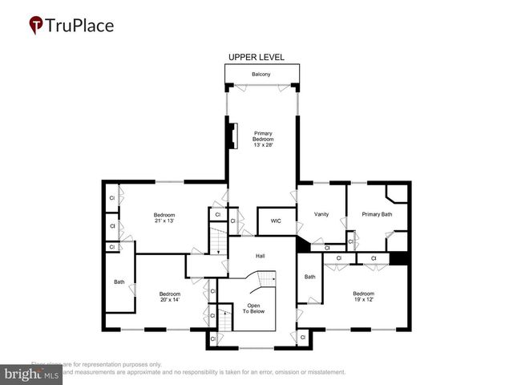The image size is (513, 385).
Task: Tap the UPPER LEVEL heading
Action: click(256, 58)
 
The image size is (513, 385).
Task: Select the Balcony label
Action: click(261, 75)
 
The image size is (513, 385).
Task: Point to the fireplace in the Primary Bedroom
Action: click(232, 136)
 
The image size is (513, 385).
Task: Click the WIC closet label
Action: click(276, 221)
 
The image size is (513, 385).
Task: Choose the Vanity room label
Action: click(321, 214)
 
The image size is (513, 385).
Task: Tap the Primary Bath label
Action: click(376, 214)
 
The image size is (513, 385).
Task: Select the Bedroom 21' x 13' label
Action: click(164, 217)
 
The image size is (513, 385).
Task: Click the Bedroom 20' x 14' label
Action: click(170, 296)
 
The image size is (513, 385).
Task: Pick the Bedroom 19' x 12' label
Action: click(364, 296)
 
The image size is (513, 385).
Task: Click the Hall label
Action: click(261, 256)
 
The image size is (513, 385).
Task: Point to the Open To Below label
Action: click(253, 309)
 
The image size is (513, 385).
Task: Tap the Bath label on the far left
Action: click(119, 282)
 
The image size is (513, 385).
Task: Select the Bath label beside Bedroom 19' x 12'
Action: click(310, 277)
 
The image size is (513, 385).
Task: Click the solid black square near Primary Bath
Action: click(398, 258)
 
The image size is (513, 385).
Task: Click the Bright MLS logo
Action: click(32, 374)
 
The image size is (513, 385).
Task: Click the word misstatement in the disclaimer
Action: click(321, 372)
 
